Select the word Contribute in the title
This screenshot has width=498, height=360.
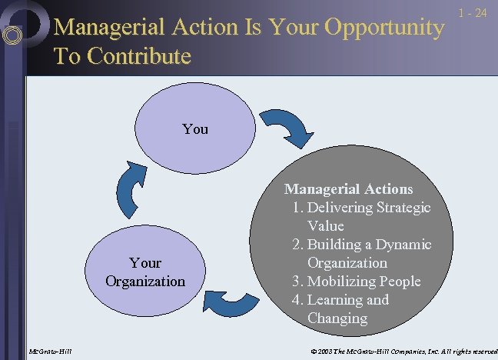point(141,57)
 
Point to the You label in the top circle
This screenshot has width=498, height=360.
point(195,129)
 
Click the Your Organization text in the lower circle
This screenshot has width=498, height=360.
point(145,272)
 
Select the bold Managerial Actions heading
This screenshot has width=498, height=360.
point(348,188)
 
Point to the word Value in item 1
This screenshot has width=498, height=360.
point(326,226)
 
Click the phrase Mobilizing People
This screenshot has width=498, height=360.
point(364,282)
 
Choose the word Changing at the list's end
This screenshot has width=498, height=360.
point(337,318)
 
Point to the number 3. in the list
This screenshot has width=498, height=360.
point(298,282)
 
